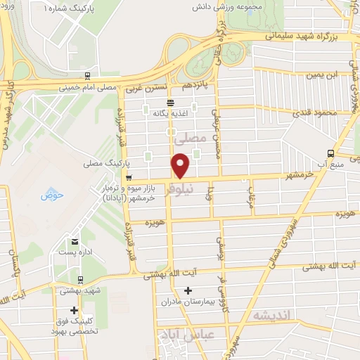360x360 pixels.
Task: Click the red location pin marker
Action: [x=181, y=165]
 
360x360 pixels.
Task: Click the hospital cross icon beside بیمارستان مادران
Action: [x=188, y=290]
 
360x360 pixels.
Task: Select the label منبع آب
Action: [x=330, y=165]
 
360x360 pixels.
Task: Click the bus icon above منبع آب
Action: [x=330, y=153]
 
